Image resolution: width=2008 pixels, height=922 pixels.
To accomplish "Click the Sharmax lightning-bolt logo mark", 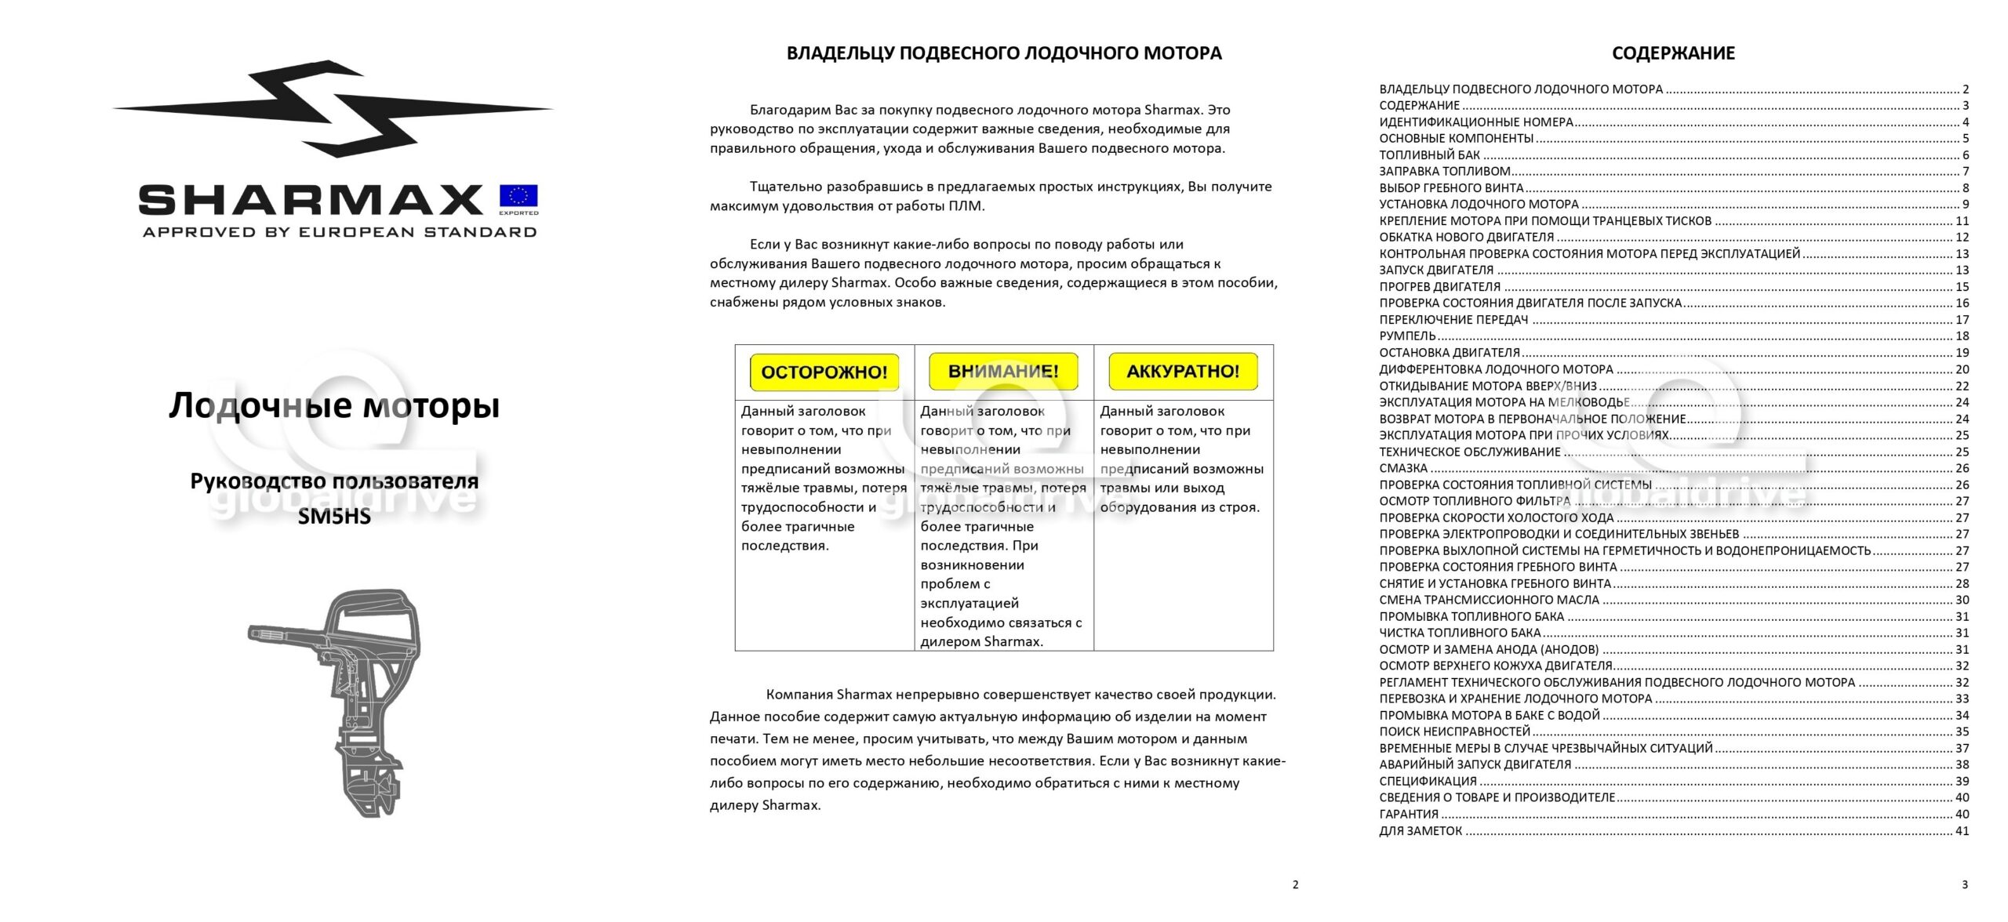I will pyautogui.click(x=333, y=109).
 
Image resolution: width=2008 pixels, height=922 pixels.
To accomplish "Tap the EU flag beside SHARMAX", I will pyautogui.click(x=518, y=197).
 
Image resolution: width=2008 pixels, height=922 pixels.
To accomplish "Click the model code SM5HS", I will pyautogui.click(x=334, y=517).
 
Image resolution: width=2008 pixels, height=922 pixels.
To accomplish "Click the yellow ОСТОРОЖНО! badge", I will pyautogui.click(x=824, y=372).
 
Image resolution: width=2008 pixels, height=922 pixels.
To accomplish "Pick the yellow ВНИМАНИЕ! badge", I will pyautogui.click(x=1003, y=372).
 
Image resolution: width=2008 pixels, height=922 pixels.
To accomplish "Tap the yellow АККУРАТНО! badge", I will pyautogui.click(x=1183, y=372).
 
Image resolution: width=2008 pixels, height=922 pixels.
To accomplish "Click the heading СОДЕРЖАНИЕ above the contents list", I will pyautogui.click(x=1673, y=53).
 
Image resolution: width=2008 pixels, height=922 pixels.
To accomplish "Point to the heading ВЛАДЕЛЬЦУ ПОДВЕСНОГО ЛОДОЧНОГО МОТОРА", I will pyautogui.click(x=1004, y=53).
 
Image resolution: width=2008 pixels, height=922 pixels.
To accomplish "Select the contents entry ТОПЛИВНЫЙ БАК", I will pyautogui.click(x=1429, y=155).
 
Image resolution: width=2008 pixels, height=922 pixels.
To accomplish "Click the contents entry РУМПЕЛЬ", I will pyautogui.click(x=1407, y=336).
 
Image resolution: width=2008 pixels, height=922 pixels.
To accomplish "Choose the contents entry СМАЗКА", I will pyautogui.click(x=1403, y=468).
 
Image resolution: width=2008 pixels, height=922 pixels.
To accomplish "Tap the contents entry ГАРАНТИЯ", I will pyautogui.click(x=1409, y=814).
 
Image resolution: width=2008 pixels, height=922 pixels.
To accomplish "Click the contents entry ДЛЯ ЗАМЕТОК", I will pyautogui.click(x=1421, y=831).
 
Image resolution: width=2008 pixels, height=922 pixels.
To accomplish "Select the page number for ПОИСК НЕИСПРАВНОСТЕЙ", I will pyautogui.click(x=1962, y=731).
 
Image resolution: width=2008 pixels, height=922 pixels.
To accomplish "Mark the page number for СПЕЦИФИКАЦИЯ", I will pyautogui.click(x=1962, y=781).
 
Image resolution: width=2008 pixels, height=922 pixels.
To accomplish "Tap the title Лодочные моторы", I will pyautogui.click(x=334, y=406).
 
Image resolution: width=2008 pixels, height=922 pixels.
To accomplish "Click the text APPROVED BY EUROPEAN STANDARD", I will pyautogui.click(x=340, y=232).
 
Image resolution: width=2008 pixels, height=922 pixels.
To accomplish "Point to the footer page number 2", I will pyautogui.click(x=1295, y=884).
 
